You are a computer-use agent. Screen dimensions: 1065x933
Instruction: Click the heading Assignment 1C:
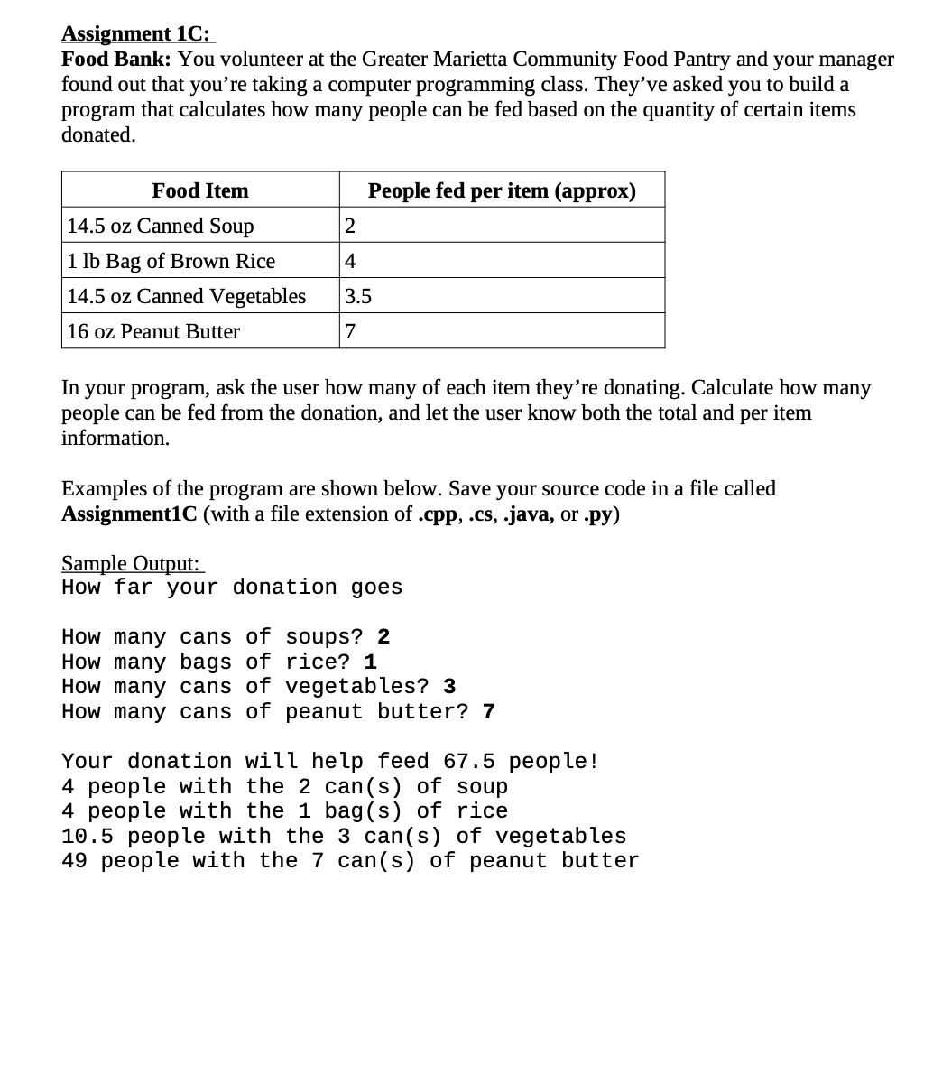coord(137,33)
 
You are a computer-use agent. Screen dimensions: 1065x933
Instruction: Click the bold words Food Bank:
coord(116,60)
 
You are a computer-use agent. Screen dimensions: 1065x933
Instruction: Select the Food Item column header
coord(200,190)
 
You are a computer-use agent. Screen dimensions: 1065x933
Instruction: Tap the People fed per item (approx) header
coord(502,190)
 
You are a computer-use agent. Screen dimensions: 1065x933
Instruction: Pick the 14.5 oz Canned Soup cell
coord(161,226)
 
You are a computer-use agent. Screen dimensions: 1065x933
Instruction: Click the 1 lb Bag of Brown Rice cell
coord(171,261)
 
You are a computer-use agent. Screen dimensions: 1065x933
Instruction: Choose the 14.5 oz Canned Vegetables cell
coord(187,296)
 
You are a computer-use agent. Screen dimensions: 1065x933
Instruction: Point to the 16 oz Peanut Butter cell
coord(153,331)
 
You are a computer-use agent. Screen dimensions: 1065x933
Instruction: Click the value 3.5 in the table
coord(358,296)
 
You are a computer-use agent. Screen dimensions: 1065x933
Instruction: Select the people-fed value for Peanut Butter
coord(351,331)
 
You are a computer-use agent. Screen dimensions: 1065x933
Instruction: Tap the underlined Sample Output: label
coord(131,563)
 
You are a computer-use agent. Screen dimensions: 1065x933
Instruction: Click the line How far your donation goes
coord(232,588)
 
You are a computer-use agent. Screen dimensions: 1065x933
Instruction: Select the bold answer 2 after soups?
coord(383,637)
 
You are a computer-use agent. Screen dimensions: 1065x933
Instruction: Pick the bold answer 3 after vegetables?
coord(449,687)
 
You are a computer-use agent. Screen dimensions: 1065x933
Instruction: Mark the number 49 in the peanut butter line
coord(75,861)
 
